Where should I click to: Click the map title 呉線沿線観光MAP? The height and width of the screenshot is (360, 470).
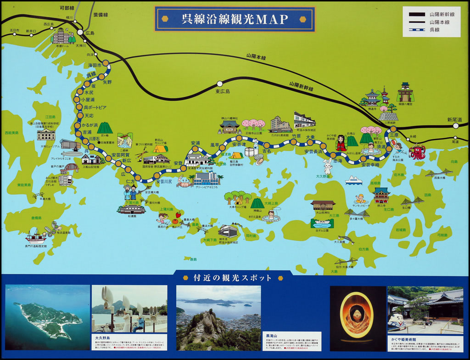click(x=235, y=19)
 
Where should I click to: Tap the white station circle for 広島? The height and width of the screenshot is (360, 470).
click(x=80, y=33)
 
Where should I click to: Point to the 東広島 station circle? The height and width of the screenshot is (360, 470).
click(x=219, y=84)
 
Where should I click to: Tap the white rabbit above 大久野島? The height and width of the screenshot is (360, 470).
click(x=327, y=166)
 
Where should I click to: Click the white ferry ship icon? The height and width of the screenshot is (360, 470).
click(x=353, y=180)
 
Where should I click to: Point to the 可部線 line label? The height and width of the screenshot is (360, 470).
click(x=67, y=8)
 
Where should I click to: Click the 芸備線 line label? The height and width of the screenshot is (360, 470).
click(x=100, y=14)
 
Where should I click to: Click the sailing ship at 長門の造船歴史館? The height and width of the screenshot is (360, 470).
click(x=35, y=236)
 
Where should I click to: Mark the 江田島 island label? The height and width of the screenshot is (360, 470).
click(x=50, y=117)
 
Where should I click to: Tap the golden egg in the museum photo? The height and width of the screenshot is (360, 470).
click(x=357, y=316)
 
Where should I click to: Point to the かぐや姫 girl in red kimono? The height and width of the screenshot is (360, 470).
click(x=341, y=143)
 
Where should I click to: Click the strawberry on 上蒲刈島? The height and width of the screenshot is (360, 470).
click(x=178, y=214)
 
